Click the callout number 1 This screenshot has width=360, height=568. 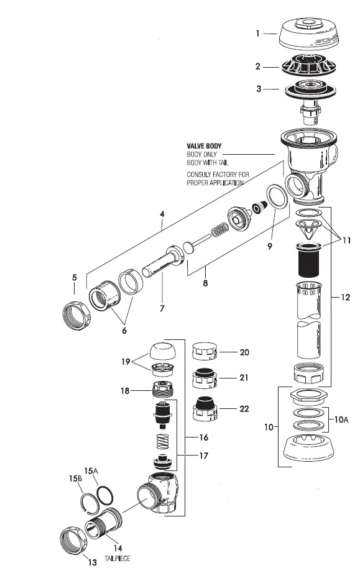pyautogui.click(x=257, y=34)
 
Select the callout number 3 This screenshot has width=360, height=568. pyautogui.click(x=257, y=89)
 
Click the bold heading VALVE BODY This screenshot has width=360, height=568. pyautogui.click(x=204, y=146)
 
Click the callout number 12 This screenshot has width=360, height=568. pyautogui.click(x=345, y=297)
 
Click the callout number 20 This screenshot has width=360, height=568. pyautogui.click(x=244, y=352)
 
